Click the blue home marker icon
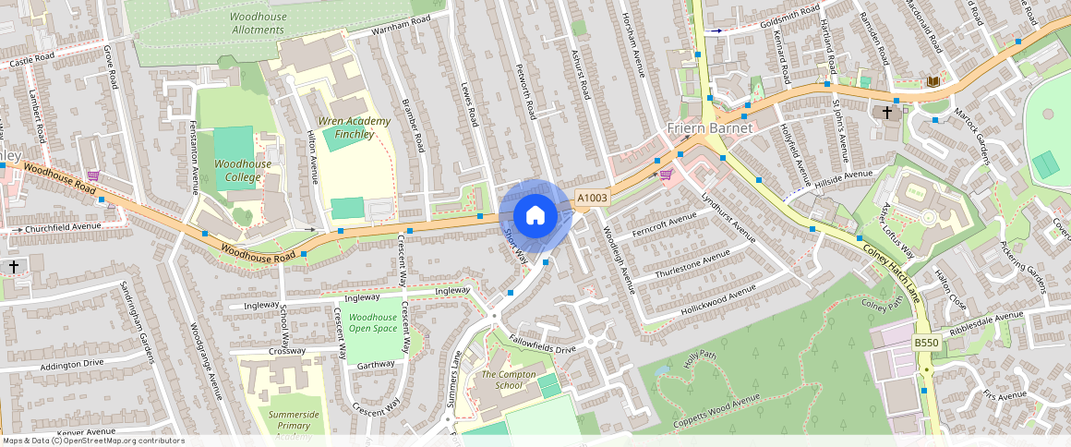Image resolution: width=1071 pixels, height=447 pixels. pyautogui.click(x=535, y=216)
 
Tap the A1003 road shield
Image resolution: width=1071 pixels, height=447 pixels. pyautogui.click(x=592, y=198)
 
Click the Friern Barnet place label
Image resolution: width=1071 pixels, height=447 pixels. pyautogui.click(x=710, y=127)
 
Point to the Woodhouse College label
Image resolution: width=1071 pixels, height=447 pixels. pyautogui.click(x=243, y=170)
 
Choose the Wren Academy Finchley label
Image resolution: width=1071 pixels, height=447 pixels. pyautogui.click(x=346, y=127)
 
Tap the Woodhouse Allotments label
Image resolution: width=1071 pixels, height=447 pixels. pyautogui.click(x=259, y=23)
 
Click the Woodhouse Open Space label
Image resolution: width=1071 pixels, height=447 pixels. pyautogui.click(x=373, y=322)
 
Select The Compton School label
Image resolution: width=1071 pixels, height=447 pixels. pyautogui.click(x=509, y=380)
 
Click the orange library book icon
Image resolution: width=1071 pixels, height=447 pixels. pyautogui.click(x=933, y=82)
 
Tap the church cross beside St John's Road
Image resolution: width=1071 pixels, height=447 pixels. pyautogui.click(x=887, y=112)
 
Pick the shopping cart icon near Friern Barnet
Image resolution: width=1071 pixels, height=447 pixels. pyautogui.click(x=666, y=174)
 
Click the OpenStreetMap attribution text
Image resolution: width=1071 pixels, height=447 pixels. pyautogui.click(x=92, y=441)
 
